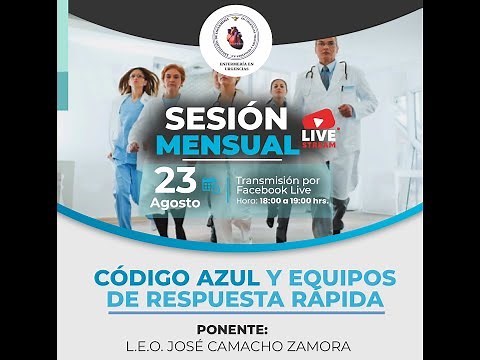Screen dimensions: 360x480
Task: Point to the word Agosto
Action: [176, 203]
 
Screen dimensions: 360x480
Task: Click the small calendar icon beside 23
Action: [210, 184]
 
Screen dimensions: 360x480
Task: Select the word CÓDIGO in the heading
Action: [138, 277]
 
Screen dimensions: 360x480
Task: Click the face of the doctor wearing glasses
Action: [326, 52]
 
